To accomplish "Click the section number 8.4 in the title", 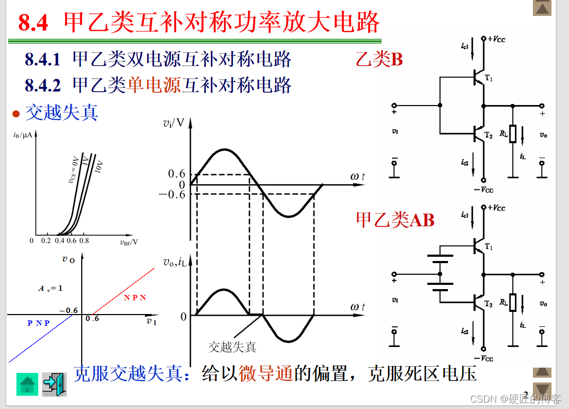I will coord(33,23).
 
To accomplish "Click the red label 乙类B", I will coord(379,59).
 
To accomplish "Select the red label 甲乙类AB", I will coord(395,220).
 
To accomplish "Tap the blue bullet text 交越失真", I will coord(62,112).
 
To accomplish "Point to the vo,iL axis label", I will coord(175,261).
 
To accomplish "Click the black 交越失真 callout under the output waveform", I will coord(232,347).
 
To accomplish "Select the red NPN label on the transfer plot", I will coord(135,298).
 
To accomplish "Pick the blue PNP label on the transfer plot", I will coord(39,323).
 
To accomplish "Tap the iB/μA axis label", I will coord(23,135).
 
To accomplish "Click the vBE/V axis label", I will coord(129,242).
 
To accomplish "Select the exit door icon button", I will coord(54,384).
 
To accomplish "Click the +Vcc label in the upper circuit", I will coord(495,38).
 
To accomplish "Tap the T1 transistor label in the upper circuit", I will coord(488,79).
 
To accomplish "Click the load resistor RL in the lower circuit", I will coord(513,302).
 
